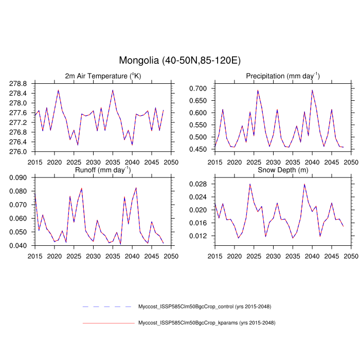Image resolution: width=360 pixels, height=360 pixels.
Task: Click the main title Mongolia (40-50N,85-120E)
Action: click(x=179, y=61)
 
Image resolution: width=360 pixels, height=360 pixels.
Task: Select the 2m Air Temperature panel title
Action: click(x=102, y=76)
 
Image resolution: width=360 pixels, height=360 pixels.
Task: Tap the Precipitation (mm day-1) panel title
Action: click(x=282, y=76)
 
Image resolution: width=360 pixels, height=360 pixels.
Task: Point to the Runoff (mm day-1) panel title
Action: click(x=102, y=169)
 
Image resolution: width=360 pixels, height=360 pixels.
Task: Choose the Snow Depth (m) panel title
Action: click(x=282, y=170)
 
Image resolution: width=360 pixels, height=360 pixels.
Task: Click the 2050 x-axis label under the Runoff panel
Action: click(x=171, y=256)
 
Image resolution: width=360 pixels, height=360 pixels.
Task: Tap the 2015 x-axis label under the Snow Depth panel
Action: click(x=214, y=256)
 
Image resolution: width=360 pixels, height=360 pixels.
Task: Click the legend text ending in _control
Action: click(x=205, y=307)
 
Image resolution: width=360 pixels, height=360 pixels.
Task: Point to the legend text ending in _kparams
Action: click(x=207, y=323)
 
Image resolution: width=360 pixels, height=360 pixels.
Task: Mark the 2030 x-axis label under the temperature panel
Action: click(x=93, y=162)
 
